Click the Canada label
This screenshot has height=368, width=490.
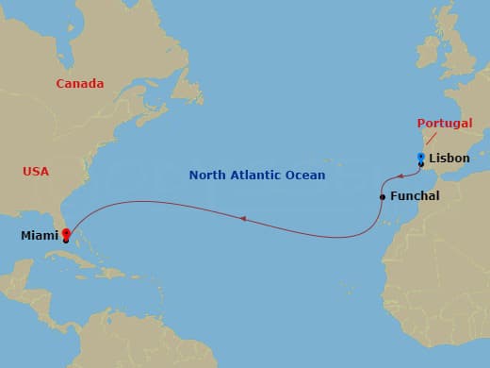(x=79, y=84)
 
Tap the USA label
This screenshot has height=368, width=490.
(x=36, y=172)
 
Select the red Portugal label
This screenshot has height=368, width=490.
(x=444, y=124)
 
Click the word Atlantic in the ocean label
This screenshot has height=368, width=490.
(x=259, y=176)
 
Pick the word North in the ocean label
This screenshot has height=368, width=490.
(x=207, y=176)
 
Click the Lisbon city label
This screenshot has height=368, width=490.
(x=449, y=159)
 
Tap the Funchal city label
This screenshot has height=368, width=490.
(x=414, y=196)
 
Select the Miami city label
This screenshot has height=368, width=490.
(x=40, y=236)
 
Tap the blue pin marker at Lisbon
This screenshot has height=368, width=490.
(x=421, y=158)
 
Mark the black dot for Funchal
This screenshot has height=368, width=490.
(x=382, y=197)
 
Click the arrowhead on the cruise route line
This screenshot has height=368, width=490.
(x=242, y=219)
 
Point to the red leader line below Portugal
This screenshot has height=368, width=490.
(x=433, y=139)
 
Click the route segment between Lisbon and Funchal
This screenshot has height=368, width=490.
(x=397, y=176)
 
